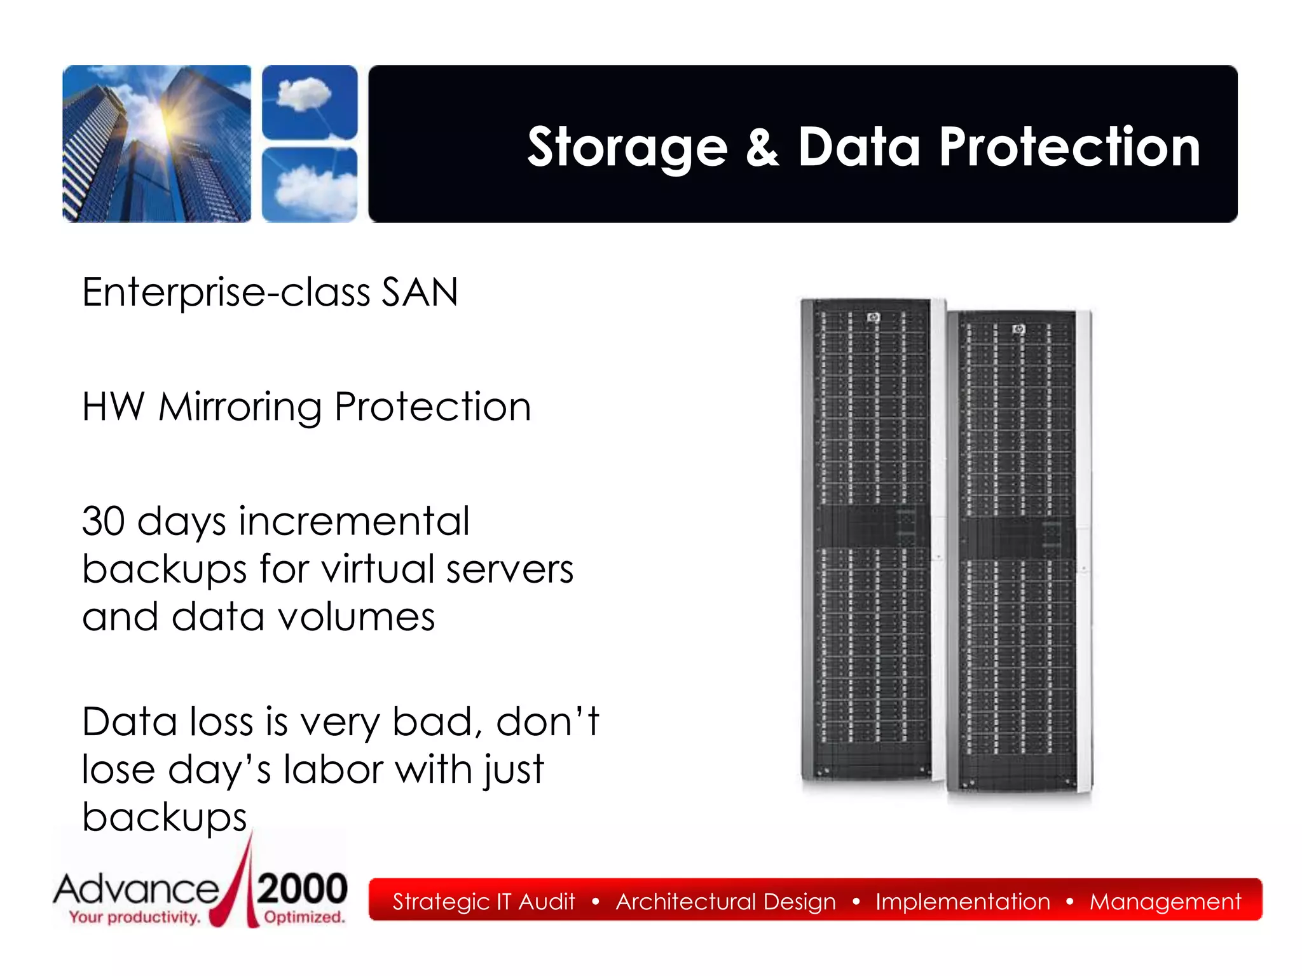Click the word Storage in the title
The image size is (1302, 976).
pos(627,147)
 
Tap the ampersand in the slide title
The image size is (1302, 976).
pos(762,147)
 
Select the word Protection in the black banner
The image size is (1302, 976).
pos(1069,147)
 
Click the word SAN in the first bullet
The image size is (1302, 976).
pos(420,293)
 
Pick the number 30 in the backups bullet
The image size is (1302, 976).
pos(104,522)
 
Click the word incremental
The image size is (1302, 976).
pos(353,522)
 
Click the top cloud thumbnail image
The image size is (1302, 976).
pos(310,102)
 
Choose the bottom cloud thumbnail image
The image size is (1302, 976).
pos(310,184)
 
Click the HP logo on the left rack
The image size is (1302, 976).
pos(874,317)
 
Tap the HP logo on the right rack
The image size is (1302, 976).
pos(1018,329)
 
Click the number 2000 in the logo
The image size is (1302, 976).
pos(303,888)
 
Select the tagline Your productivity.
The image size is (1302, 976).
pos(135,918)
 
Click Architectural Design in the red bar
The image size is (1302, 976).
pos(725,902)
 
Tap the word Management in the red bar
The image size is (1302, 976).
pos(1165,902)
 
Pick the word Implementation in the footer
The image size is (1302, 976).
pos(963,902)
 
